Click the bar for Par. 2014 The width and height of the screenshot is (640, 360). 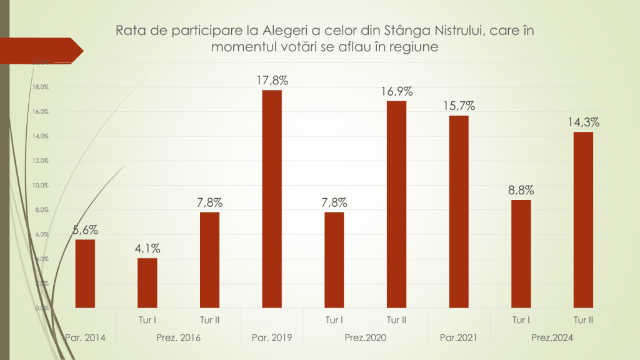click(85, 274)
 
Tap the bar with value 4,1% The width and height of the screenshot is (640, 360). click(147, 282)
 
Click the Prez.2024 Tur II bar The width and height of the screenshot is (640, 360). click(583, 220)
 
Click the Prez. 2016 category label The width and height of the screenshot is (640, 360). click(178, 338)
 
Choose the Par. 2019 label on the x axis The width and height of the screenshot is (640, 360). click(272, 338)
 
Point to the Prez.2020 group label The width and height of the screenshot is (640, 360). click(365, 338)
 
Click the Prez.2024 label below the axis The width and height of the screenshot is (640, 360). click(552, 338)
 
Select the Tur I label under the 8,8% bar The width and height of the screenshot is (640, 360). click(521, 320)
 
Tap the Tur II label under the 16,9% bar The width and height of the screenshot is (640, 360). click(396, 320)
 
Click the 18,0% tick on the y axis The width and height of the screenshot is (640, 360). click(41, 87)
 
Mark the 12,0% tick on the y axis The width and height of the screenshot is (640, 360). click(41, 161)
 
